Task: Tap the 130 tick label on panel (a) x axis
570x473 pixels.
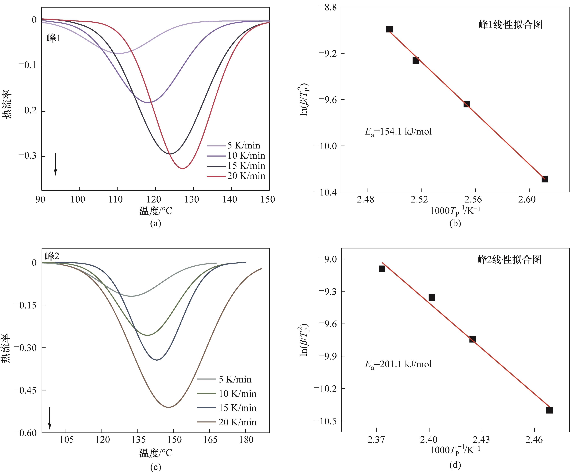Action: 192,200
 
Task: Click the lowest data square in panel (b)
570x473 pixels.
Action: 545,179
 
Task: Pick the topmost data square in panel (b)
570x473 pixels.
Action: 390,29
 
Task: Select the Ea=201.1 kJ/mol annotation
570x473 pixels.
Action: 398,364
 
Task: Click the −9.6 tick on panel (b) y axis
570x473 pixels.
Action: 327,100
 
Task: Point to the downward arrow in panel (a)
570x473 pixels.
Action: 55,164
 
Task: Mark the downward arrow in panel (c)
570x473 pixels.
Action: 50,418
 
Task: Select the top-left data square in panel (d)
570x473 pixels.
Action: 382,269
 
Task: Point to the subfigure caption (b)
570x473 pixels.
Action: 455,223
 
